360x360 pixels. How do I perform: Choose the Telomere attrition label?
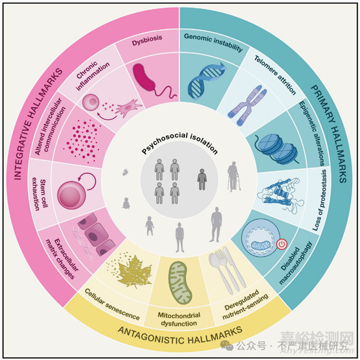(x=274, y=75)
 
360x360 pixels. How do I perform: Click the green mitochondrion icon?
(x=181, y=279)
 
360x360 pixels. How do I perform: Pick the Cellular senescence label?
(x=112, y=305)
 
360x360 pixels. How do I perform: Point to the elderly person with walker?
(x=232, y=177)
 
